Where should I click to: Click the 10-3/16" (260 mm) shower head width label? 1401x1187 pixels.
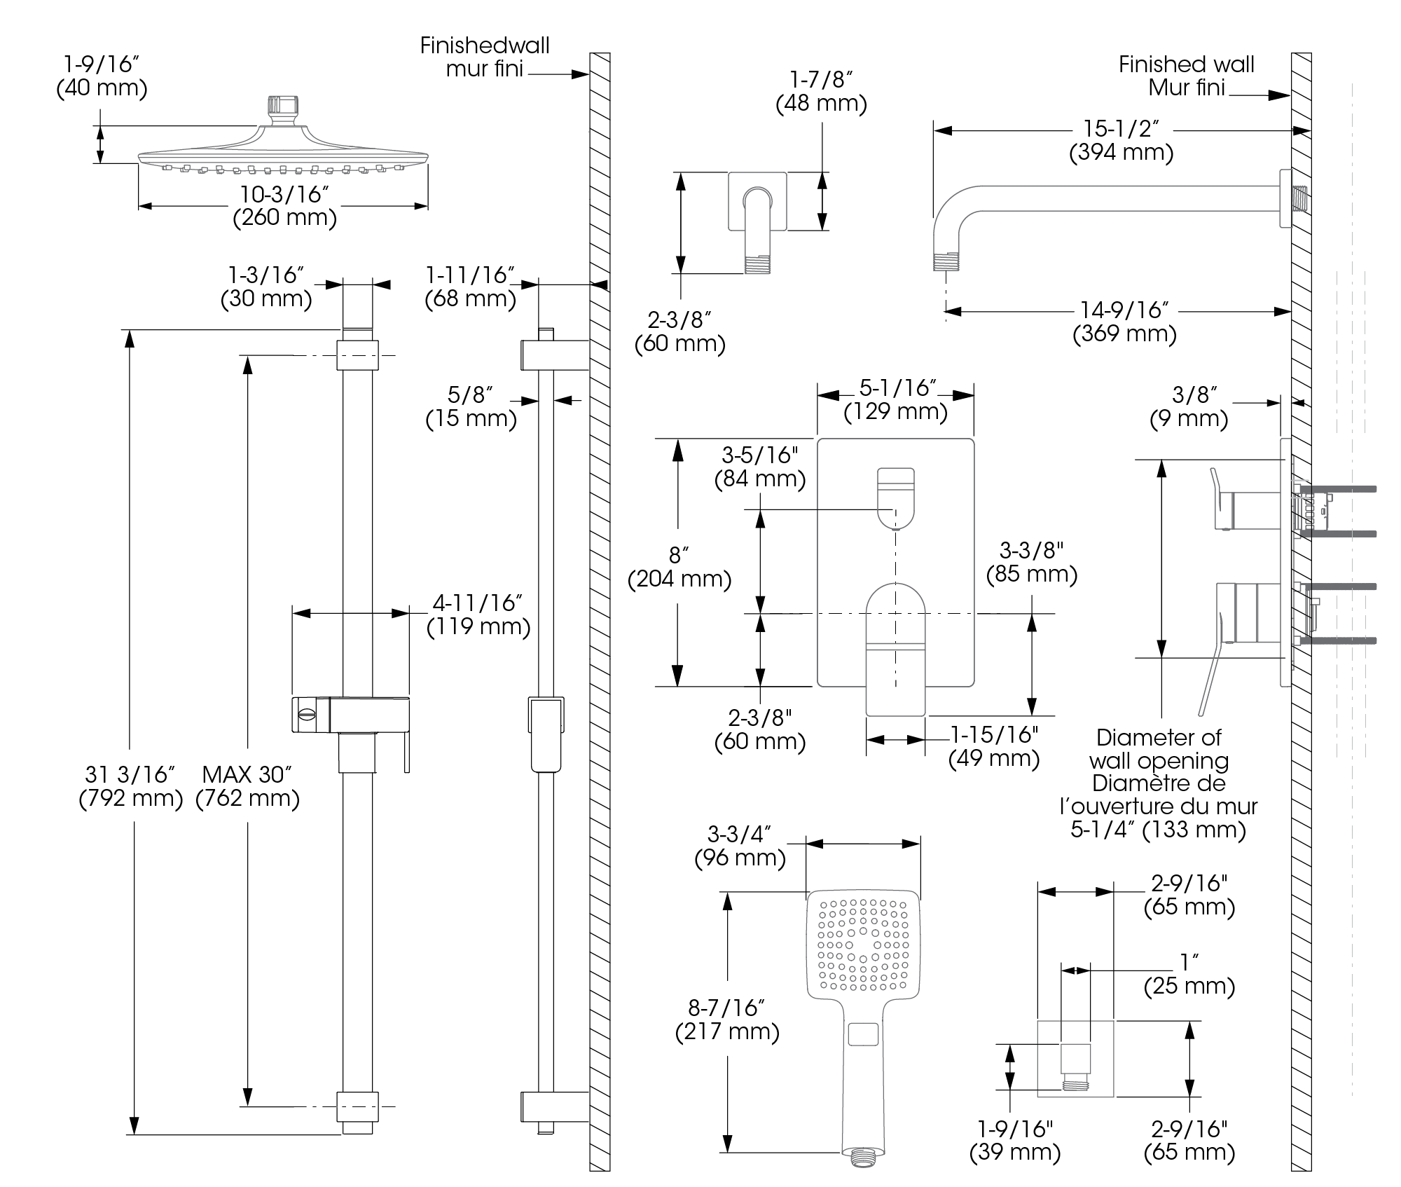[x=284, y=205]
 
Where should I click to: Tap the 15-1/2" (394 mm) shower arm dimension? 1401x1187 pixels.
[x=1121, y=141]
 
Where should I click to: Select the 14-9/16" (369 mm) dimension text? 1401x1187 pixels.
[x=1124, y=322]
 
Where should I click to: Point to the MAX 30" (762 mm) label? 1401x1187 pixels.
[x=247, y=786]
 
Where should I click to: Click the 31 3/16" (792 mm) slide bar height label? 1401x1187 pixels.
[x=131, y=786]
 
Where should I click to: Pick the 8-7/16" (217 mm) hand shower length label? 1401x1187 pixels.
[x=727, y=1020]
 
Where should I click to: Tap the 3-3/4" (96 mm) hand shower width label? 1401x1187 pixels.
[x=740, y=846]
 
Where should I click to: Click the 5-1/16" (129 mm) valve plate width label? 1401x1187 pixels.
[x=896, y=399]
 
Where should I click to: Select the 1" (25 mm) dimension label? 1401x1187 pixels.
[x=1189, y=975]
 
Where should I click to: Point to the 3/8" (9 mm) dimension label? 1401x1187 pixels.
[x=1189, y=407]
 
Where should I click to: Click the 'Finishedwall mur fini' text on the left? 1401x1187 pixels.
[x=485, y=57]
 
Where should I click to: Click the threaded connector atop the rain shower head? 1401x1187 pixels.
[x=284, y=107]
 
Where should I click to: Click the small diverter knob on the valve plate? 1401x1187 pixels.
[x=896, y=498]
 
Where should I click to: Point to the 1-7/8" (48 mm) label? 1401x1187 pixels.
[x=821, y=91]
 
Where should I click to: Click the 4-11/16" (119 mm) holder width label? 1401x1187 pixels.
[x=478, y=615]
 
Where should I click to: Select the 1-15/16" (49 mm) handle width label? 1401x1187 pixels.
[x=993, y=746]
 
